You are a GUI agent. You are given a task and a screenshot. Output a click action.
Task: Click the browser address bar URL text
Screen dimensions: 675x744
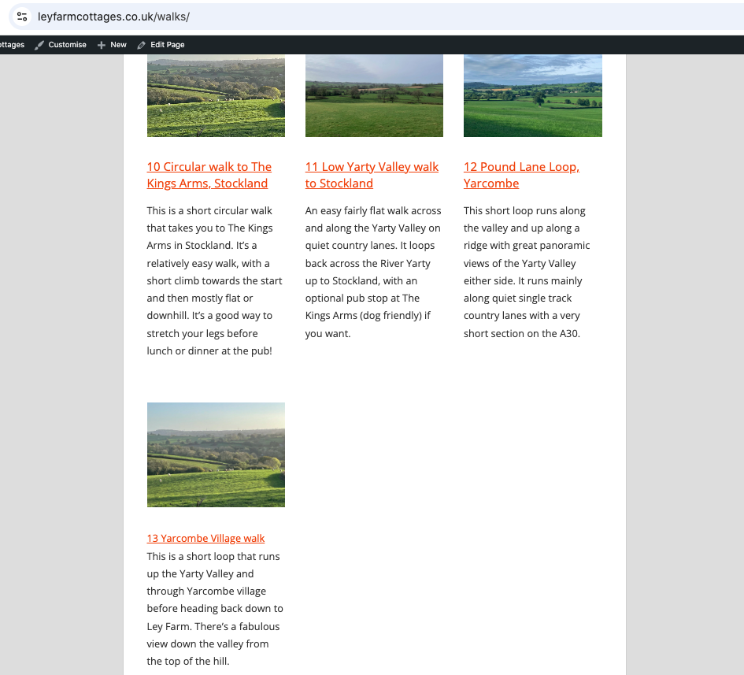(x=113, y=17)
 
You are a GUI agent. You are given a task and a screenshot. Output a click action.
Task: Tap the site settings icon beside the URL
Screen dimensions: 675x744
(x=22, y=17)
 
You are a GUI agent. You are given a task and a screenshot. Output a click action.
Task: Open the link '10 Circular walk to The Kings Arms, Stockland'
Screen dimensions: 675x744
(x=209, y=175)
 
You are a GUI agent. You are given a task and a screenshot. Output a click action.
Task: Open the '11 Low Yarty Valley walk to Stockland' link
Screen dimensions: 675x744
(x=372, y=175)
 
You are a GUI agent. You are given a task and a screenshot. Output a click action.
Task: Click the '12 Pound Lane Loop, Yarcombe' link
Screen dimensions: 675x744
(x=521, y=175)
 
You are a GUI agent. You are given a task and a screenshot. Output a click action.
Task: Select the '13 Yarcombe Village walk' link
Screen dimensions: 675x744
(x=205, y=539)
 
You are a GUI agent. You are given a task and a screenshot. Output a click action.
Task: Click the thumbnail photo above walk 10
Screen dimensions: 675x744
(x=216, y=95)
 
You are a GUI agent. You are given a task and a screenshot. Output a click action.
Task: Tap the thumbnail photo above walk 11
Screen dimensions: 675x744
(x=374, y=95)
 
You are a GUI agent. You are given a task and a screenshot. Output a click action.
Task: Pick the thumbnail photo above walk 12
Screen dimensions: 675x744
(x=532, y=95)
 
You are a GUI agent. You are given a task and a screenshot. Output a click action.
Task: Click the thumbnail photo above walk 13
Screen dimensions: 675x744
(x=216, y=454)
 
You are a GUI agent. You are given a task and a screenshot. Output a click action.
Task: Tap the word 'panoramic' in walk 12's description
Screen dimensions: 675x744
(x=564, y=246)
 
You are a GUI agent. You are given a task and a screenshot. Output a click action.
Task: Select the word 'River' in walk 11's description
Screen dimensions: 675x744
(x=391, y=264)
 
